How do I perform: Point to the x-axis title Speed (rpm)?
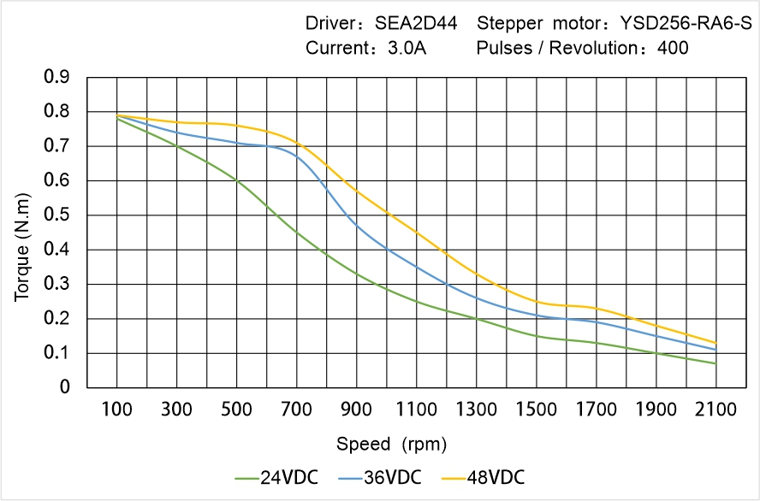[391, 444]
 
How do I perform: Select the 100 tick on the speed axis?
[116, 409]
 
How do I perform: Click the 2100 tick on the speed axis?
[715, 409]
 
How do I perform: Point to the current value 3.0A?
[407, 48]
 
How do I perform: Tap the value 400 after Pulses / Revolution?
[673, 48]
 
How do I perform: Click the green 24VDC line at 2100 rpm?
[715, 363]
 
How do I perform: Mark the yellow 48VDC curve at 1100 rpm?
[416, 232]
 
